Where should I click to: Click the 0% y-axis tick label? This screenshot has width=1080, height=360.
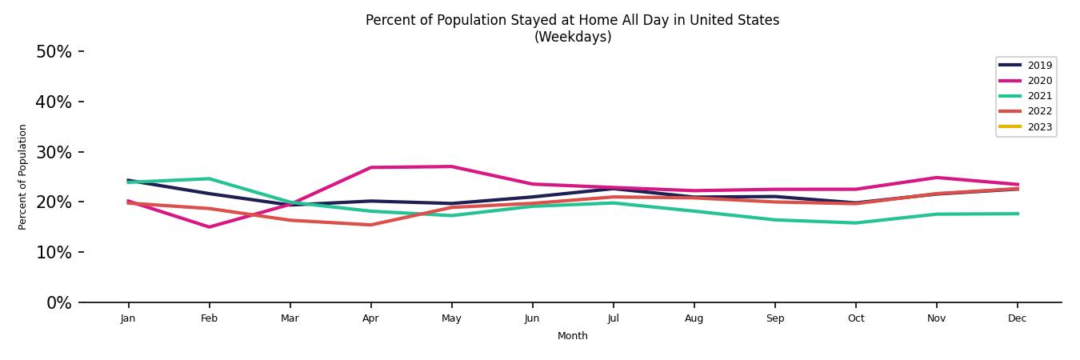58,303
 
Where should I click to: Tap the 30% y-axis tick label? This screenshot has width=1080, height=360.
54,152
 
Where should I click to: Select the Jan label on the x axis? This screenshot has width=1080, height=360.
128,318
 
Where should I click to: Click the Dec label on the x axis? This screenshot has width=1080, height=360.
1017,318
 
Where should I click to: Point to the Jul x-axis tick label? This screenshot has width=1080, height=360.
613,318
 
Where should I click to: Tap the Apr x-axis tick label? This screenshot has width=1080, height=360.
370,318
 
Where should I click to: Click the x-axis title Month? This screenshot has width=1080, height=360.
572,336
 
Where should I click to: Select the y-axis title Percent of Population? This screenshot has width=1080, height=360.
23,177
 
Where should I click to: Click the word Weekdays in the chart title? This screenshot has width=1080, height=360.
572,38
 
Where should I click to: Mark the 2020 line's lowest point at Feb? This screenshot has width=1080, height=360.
209,227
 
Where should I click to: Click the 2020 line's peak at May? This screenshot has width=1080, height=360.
451,166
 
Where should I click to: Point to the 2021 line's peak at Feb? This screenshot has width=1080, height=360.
209,178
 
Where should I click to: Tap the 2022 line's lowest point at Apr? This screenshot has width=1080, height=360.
370,225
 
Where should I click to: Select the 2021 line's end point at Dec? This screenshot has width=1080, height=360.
1017,214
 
